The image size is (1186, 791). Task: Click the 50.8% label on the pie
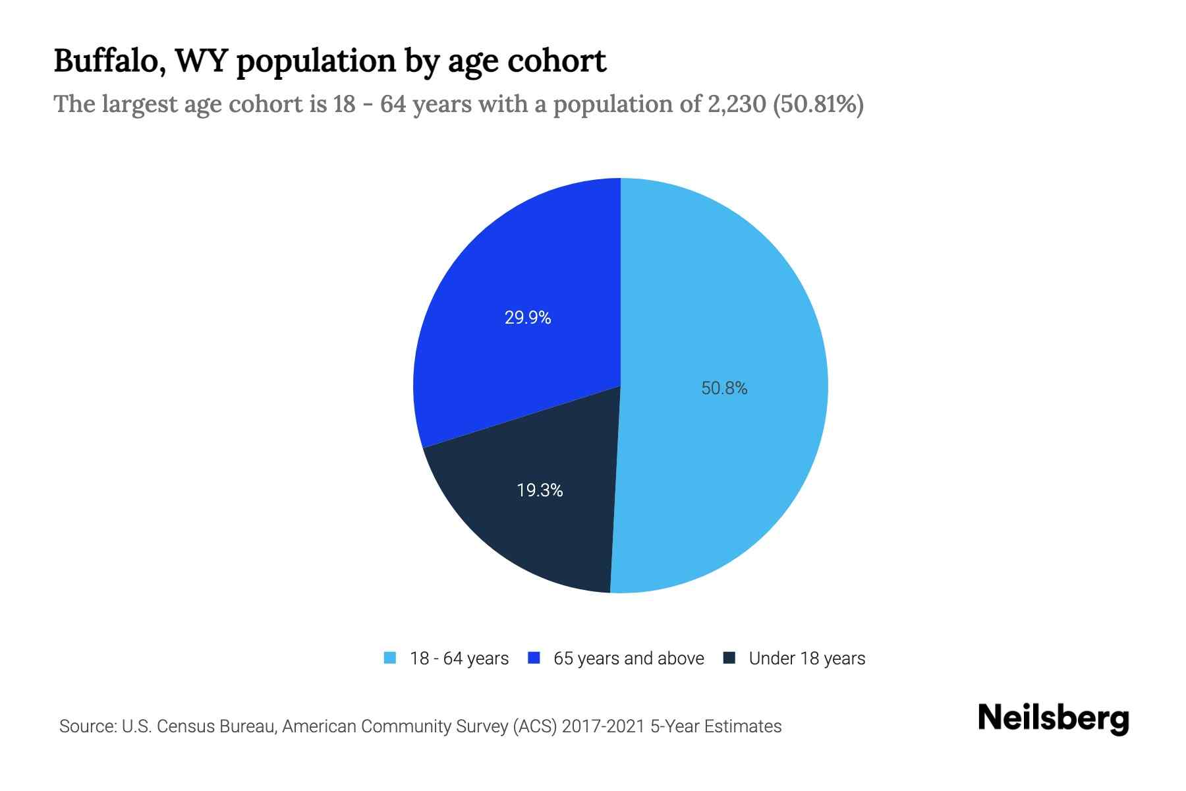click(x=724, y=388)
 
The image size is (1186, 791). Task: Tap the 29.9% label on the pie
click(x=528, y=318)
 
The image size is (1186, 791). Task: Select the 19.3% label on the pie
click(x=540, y=490)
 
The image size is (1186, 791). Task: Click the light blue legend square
click(x=390, y=658)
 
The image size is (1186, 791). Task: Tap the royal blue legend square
click(x=534, y=658)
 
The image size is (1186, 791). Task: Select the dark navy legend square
click(x=729, y=658)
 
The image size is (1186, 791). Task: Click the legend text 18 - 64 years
click(x=459, y=659)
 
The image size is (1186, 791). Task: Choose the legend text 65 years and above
click(x=629, y=659)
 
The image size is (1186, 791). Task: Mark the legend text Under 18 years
click(x=807, y=659)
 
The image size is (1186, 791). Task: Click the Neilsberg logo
click(x=1053, y=718)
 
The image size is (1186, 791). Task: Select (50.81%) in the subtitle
click(x=818, y=104)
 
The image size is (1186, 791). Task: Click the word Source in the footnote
click(x=86, y=726)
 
